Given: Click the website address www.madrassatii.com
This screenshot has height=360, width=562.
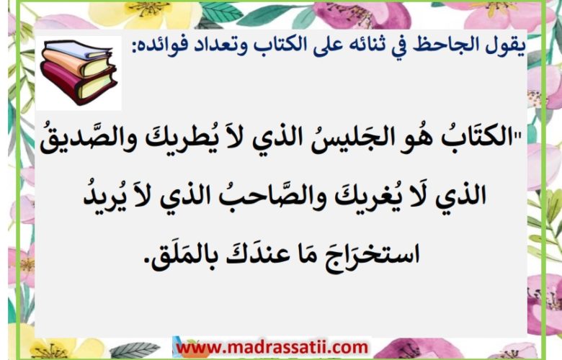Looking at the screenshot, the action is click(272, 347).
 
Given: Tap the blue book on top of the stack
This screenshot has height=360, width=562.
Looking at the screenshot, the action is click(78, 50).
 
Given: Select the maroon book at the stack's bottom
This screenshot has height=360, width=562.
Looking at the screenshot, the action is click(78, 84).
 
